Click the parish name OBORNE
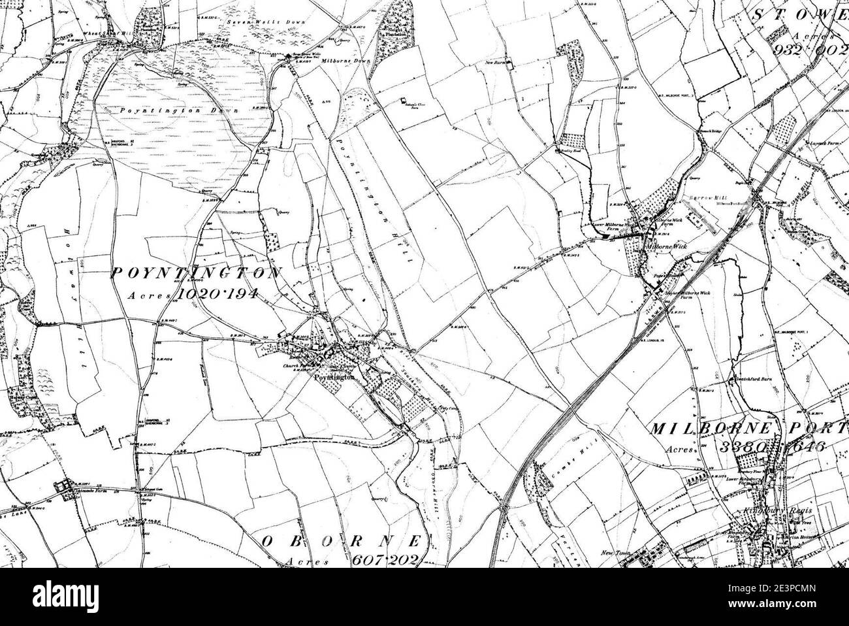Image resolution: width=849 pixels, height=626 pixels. pos(344,542)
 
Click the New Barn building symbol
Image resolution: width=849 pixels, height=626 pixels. pos(511,64)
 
